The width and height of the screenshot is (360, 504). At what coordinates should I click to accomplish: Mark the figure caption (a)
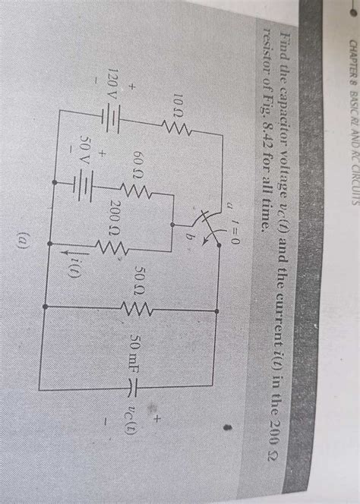24,242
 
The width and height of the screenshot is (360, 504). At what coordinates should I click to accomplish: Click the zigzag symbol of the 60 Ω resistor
135,191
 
